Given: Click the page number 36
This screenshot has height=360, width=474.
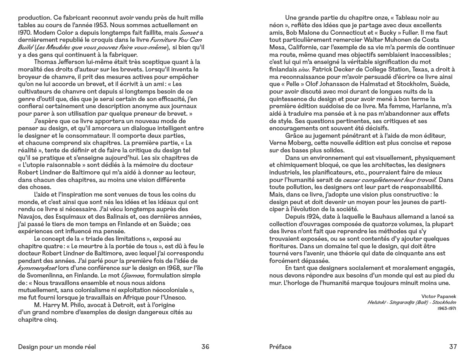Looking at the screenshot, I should pyautogui.click(x=205, y=347).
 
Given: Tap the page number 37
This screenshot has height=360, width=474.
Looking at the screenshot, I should pyautogui.click(x=453, y=347).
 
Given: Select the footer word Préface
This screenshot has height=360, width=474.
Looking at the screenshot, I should pyautogui.click(x=280, y=347).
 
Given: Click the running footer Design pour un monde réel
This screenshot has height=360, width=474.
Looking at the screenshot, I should pyautogui.click(x=57, y=347).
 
